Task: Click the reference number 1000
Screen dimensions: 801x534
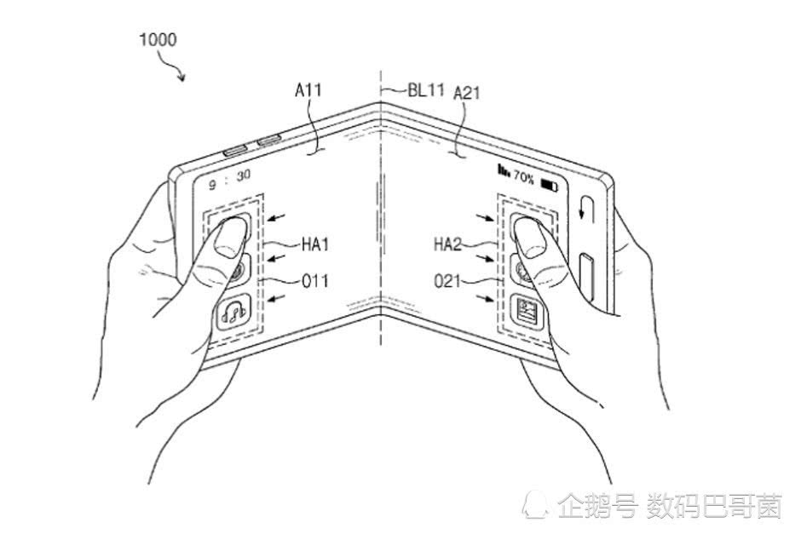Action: (158, 39)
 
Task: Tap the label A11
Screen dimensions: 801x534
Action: (308, 89)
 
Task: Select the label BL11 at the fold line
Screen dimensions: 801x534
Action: (426, 90)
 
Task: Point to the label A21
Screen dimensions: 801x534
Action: (466, 93)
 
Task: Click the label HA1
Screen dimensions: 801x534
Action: (314, 244)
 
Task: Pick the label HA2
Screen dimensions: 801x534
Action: (447, 244)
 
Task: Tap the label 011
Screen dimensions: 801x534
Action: (314, 281)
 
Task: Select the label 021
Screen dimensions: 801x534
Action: (447, 281)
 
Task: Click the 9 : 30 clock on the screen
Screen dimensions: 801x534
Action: (229, 179)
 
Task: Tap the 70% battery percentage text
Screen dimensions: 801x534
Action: (523, 178)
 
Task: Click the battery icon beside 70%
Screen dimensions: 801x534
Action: (549, 185)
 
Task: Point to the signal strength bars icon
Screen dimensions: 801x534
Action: (504, 170)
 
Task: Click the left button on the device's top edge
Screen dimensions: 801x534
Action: (235, 151)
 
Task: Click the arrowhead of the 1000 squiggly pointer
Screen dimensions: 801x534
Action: (182, 77)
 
